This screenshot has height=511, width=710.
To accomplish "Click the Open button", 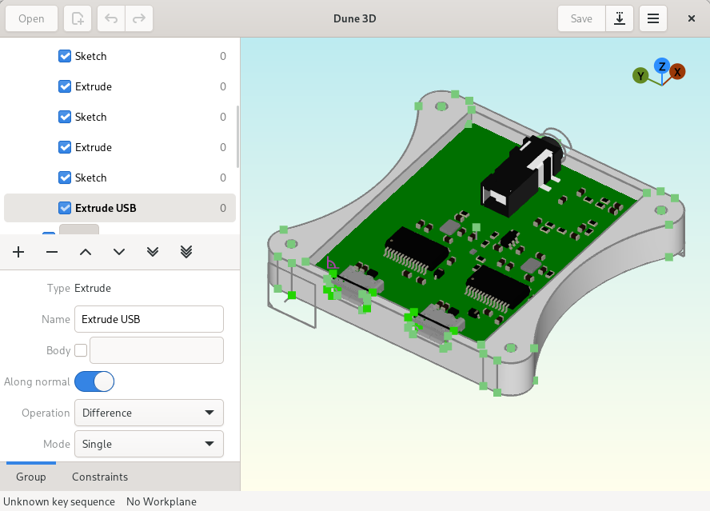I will [31, 18].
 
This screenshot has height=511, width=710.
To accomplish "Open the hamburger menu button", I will [653, 18].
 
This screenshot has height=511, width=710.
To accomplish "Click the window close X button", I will [692, 18].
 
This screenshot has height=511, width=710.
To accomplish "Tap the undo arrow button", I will [111, 18].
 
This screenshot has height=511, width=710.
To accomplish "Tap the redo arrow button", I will [138, 18].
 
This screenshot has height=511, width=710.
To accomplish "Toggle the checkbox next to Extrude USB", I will [65, 208].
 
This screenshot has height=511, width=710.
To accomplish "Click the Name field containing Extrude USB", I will [148, 319].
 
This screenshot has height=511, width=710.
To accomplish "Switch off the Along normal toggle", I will [94, 381].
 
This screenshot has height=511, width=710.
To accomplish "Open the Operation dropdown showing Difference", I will [148, 413].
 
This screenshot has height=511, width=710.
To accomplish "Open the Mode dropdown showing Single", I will [148, 444].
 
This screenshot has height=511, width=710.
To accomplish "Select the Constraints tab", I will [100, 477].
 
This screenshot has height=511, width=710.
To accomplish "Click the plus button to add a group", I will [18, 252].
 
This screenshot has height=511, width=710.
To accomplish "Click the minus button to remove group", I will [52, 252].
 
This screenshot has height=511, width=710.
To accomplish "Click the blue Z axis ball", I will [661, 66].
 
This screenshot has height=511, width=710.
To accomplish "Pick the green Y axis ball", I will [640, 75].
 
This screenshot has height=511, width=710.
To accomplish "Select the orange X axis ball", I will [677, 72].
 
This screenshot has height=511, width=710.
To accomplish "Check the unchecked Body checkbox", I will [81, 350].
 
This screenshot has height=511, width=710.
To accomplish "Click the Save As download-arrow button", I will [620, 18].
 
